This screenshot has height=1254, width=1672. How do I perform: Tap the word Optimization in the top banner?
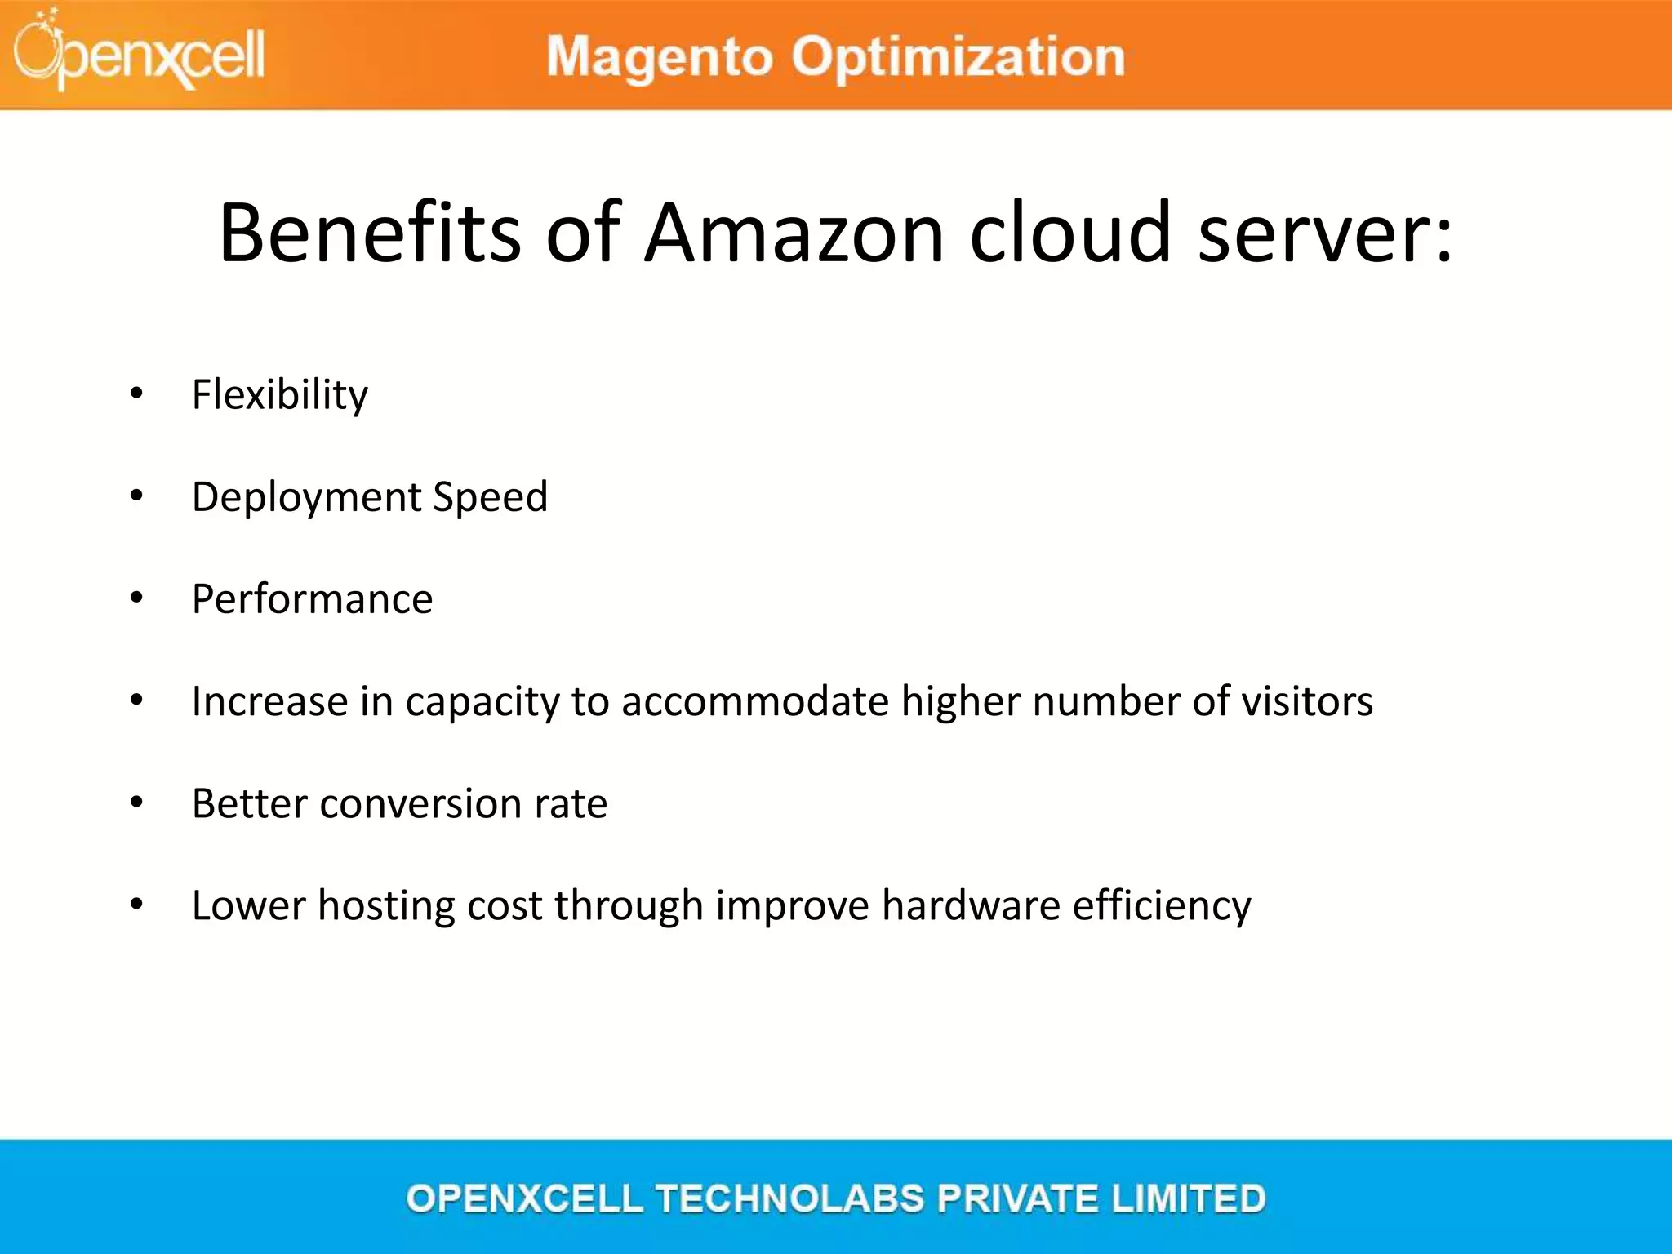pyautogui.click(x=958, y=57)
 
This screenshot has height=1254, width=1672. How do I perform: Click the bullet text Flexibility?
pyautogui.click(x=280, y=395)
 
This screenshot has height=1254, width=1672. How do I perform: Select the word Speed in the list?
pyautogui.click(x=490, y=497)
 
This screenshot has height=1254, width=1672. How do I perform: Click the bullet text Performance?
pyautogui.click(x=312, y=599)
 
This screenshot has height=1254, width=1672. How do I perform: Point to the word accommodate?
pyautogui.click(x=754, y=701)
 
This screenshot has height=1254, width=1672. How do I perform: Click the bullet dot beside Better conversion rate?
pyautogui.click(x=136, y=803)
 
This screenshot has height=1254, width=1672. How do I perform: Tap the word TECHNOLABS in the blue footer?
pyautogui.click(x=789, y=1198)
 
